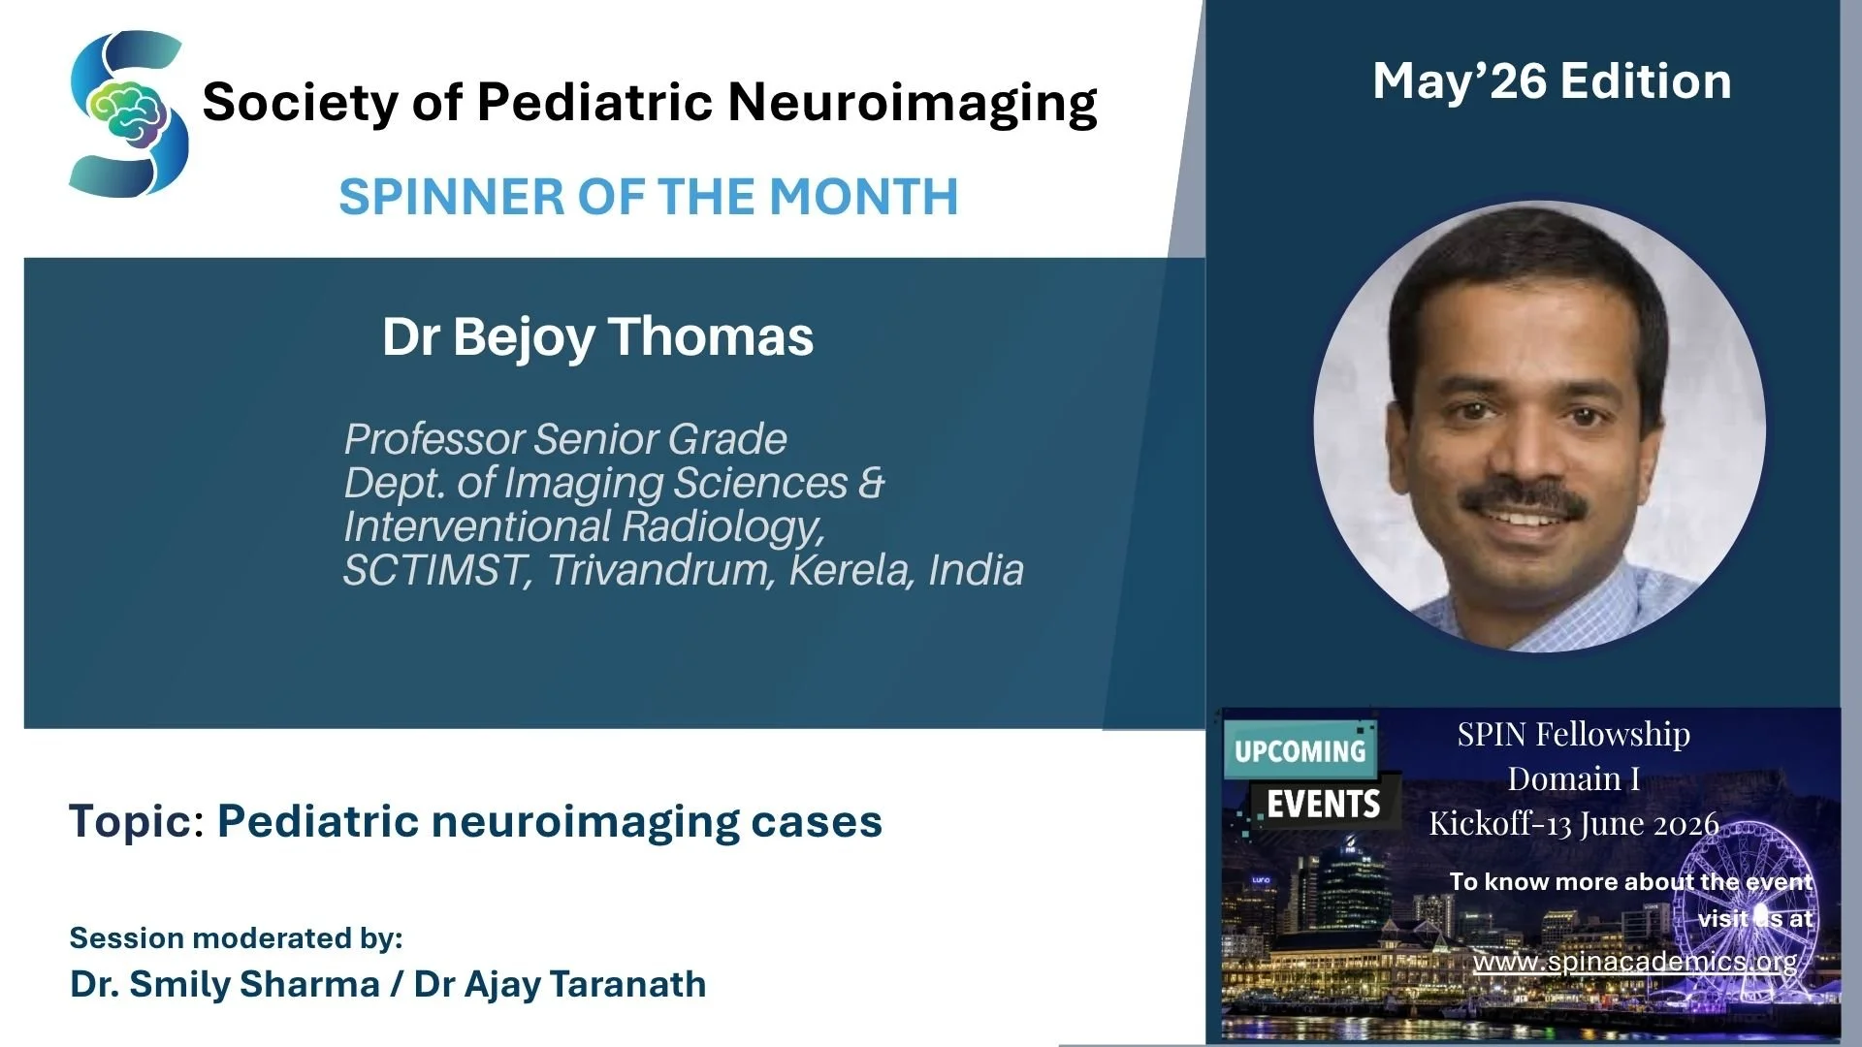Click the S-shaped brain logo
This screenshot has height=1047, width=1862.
(128, 113)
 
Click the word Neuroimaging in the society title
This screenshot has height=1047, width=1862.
(913, 103)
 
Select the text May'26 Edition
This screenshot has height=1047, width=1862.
(1552, 81)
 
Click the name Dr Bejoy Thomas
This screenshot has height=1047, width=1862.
(597, 337)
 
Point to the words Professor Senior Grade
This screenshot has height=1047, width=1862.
(565, 439)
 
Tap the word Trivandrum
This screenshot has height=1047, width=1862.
(660, 570)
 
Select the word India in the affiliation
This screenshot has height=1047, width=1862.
(976, 570)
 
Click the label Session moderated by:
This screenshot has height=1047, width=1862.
(236, 938)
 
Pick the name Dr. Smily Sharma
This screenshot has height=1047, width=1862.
(224, 984)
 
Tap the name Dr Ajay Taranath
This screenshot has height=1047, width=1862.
(560, 985)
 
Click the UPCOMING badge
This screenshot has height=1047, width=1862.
(1300, 751)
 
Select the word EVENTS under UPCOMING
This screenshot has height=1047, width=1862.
(1324, 805)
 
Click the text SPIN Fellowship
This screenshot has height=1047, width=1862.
(1573, 735)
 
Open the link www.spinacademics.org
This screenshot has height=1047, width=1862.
(1635, 962)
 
